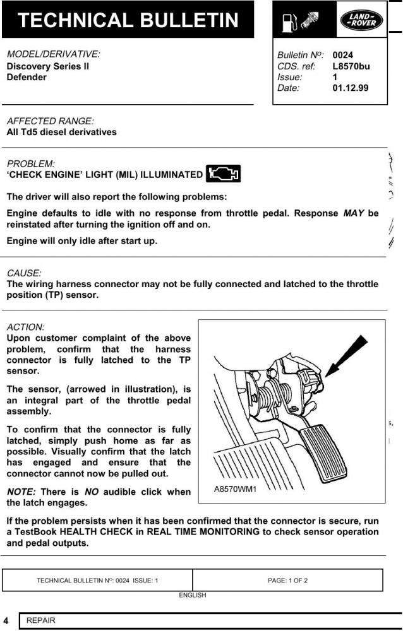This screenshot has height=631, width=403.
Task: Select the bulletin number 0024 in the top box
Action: click(342, 56)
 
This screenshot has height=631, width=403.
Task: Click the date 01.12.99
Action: click(350, 88)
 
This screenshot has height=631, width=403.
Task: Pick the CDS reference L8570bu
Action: click(351, 66)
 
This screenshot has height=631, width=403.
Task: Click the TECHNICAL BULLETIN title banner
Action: click(128, 20)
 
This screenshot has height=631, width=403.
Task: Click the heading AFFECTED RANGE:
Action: click(50, 121)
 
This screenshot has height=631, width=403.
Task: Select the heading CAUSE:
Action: click(24, 273)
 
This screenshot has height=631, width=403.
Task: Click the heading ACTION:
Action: click(25, 327)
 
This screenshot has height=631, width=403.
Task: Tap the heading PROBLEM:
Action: click(30, 164)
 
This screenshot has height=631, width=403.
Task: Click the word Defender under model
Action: click(27, 78)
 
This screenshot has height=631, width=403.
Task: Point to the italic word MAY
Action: click(354, 213)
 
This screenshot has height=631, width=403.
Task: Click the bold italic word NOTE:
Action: click(21, 492)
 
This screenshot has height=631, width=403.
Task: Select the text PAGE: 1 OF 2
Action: click(287, 581)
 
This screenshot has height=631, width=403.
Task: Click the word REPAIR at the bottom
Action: click(41, 620)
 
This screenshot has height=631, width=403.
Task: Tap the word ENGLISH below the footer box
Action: click(192, 595)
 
